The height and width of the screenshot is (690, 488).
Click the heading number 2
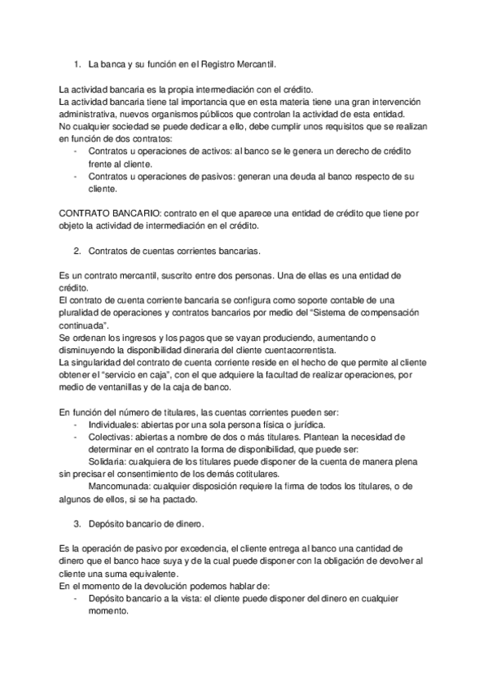76,251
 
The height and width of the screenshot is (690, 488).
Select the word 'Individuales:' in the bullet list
115,425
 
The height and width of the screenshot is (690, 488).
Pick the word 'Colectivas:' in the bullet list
112,437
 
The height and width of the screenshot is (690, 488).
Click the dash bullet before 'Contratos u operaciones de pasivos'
76,176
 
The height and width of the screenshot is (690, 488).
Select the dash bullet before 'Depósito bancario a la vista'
76,598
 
